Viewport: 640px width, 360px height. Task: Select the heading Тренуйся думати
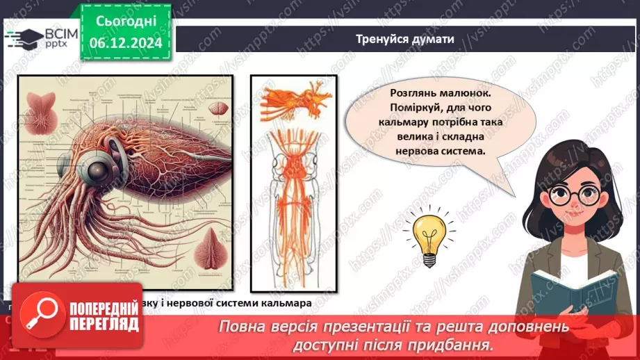pyautogui.click(x=405, y=39)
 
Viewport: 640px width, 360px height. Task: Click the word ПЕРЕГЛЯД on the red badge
pyautogui.click(x=103, y=325)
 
